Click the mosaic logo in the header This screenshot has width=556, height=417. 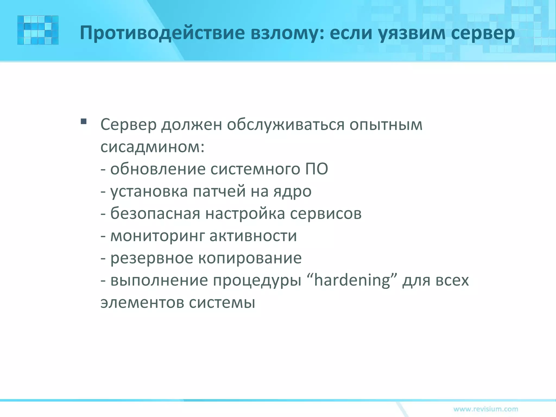pos(38,30)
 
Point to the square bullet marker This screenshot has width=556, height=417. pos(84,121)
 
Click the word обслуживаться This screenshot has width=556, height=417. pos(286,125)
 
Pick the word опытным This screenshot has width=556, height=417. pos(386,125)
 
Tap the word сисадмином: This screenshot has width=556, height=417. pos(152,147)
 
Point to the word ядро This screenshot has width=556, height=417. pos(292,191)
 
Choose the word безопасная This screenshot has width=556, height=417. pos(155,213)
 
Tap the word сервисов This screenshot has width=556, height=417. pos(326,213)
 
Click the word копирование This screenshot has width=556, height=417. pos(250,258)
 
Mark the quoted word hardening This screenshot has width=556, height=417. pos(352,280)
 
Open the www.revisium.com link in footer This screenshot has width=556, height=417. pos(486,409)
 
